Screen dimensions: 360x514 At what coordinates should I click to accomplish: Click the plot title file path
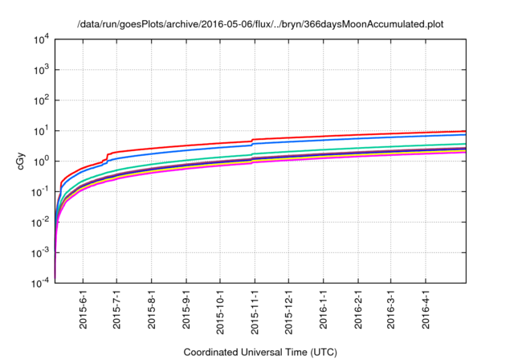click(260, 25)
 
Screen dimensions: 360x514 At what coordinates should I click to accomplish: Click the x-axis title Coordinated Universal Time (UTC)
click(260, 352)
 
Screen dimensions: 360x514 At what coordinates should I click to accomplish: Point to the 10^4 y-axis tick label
click(42, 39)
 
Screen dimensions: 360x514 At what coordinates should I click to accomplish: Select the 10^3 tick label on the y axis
click(42, 70)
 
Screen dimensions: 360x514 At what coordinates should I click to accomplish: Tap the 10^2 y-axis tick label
click(42, 100)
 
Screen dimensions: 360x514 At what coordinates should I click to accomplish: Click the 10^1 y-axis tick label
click(42, 131)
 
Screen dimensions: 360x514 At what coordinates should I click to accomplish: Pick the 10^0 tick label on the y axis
click(42, 162)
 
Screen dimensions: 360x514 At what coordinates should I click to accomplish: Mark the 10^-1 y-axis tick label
click(40, 192)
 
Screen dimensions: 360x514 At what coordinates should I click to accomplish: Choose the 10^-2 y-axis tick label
click(40, 223)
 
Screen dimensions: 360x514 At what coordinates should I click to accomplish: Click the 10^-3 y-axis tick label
click(40, 253)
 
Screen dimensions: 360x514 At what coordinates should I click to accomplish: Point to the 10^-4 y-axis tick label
click(40, 284)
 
